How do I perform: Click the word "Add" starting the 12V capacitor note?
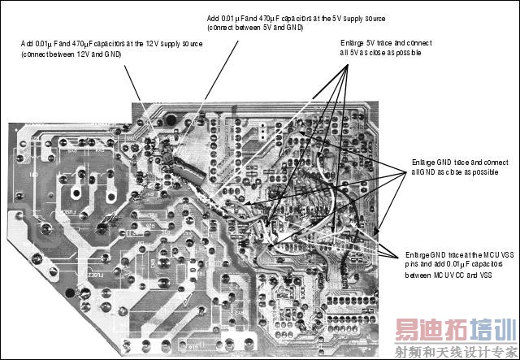(x=26, y=43)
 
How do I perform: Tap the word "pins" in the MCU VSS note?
(x=414, y=265)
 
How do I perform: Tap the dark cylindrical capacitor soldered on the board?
(x=186, y=171)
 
